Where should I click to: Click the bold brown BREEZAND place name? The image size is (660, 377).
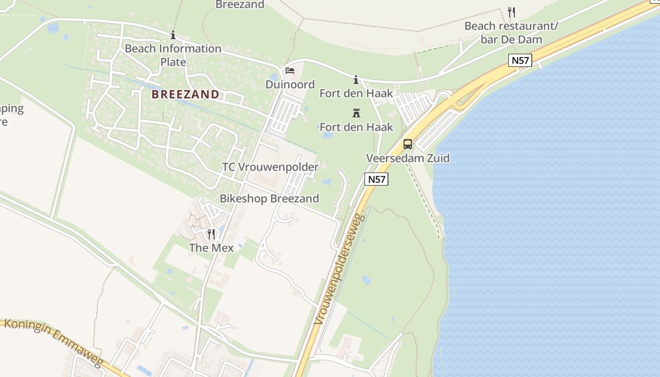pos(185,94)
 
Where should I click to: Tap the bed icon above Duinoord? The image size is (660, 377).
pos(290,71)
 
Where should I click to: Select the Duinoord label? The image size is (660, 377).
pos(290,84)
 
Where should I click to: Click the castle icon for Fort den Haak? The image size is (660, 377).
pos(356,113)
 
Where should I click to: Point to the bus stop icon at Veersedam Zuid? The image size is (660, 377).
pos(408,144)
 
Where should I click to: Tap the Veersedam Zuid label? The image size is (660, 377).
pos(408,158)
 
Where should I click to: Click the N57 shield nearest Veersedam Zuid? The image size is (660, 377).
pos(376,179)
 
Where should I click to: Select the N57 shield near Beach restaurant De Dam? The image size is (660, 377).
pos(520,60)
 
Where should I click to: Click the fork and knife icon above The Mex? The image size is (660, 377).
pos(211,234)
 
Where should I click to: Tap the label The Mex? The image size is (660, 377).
pos(211,248)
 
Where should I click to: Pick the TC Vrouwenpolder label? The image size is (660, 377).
pos(271,167)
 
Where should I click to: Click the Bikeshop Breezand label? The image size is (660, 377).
pos(269,198)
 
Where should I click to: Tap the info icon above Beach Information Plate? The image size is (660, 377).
pos(173,35)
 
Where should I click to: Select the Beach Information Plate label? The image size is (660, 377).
pos(173,55)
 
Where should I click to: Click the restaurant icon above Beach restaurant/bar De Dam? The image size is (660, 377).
pos(511,12)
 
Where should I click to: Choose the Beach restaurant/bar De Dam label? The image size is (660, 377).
pos(511,33)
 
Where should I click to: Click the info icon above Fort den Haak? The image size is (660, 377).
pos(356,80)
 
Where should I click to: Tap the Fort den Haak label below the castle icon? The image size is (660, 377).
pos(356,127)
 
